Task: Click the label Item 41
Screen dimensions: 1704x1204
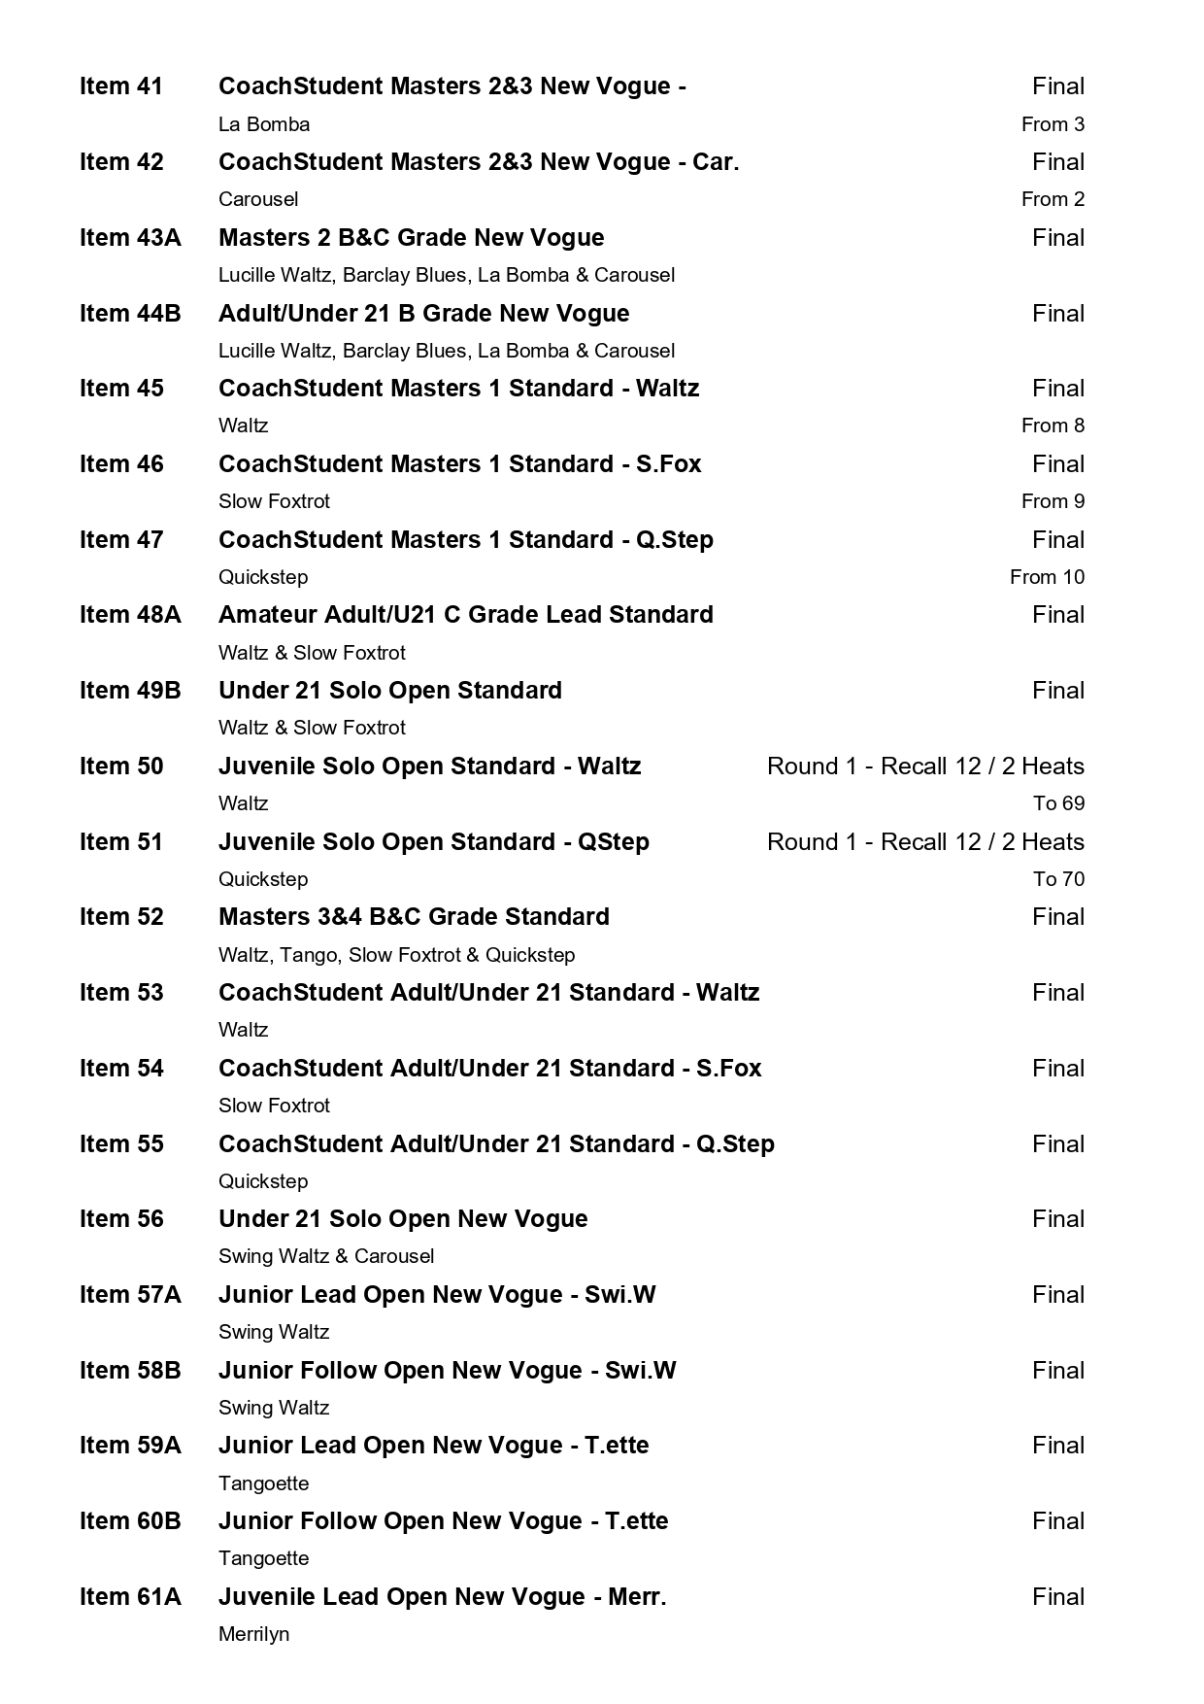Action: point(121,86)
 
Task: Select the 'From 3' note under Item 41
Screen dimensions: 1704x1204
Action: point(1053,124)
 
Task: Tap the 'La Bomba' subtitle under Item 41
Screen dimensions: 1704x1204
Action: point(264,124)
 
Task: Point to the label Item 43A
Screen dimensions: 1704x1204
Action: point(130,238)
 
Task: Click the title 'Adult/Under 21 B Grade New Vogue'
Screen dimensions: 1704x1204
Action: point(423,314)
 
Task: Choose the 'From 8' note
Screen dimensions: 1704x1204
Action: point(1053,426)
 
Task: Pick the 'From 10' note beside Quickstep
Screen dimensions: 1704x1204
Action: point(1047,577)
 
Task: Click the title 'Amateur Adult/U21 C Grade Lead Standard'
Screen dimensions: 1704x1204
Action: point(465,615)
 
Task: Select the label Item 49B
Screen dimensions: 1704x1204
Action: point(130,691)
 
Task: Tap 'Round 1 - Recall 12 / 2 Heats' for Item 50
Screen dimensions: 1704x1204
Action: point(925,767)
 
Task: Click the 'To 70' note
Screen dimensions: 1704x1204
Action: point(1058,879)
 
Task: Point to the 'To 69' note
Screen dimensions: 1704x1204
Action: point(1058,803)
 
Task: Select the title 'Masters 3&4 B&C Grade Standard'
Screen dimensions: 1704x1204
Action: point(414,917)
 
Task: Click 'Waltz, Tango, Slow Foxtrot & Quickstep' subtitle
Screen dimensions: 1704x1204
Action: point(396,955)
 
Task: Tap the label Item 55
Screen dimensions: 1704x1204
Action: point(121,1144)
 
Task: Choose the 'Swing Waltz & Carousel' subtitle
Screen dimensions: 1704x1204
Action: point(326,1256)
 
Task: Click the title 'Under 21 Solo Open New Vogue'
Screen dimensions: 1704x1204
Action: point(403,1219)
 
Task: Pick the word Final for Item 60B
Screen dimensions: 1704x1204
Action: point(1058,1521)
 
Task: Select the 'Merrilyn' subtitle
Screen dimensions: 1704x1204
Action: point(253,1634)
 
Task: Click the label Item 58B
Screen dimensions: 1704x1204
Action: point(130,1371)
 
